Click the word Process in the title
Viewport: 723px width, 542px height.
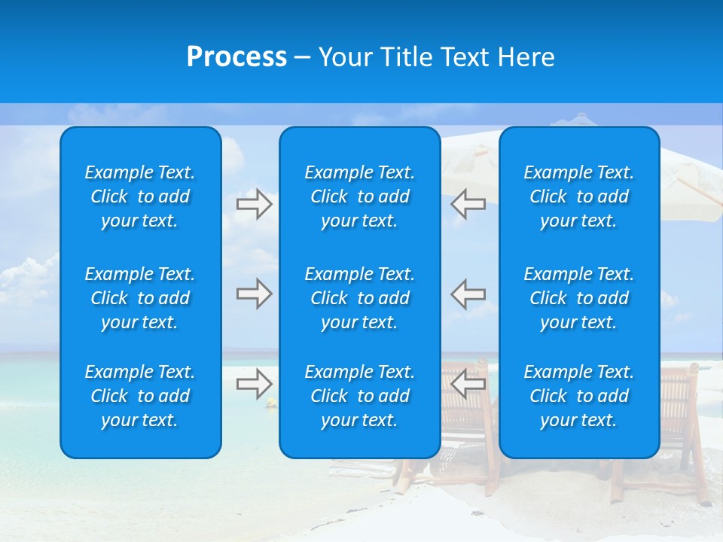tap(236, 57)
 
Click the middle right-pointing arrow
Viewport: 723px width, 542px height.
tap(254, 294)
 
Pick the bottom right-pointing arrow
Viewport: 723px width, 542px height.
tap(254, 383)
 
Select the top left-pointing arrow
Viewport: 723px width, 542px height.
tap(468, 204)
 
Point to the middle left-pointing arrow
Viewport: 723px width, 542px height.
tap(468, 294)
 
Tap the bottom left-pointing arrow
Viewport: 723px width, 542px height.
tap(468, 383)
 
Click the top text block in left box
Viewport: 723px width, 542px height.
tap(140, 196)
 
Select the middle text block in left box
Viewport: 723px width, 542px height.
tap(140, 298)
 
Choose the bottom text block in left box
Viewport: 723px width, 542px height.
tap(140, 396)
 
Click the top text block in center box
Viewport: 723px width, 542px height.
tap(360, 196)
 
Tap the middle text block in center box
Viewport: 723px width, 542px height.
tap(360, 298)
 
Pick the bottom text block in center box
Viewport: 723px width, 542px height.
tap(360, 396)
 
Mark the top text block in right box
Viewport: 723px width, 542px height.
tap(579, 196)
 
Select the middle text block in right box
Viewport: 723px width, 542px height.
tap(579, 298)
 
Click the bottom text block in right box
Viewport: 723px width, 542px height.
tap(579, 396)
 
